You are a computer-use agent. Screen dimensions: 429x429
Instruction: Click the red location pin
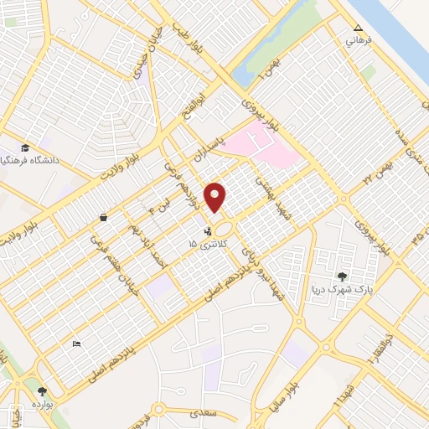point(215,196)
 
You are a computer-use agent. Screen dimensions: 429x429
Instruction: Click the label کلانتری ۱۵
point(201,243)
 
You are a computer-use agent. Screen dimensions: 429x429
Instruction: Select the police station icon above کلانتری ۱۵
point(208,227)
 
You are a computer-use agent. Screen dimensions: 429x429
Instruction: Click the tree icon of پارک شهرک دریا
point(341,276)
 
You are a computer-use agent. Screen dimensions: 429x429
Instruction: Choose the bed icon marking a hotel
point(77,343)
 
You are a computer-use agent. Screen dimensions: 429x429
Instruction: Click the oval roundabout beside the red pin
point(224,228)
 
